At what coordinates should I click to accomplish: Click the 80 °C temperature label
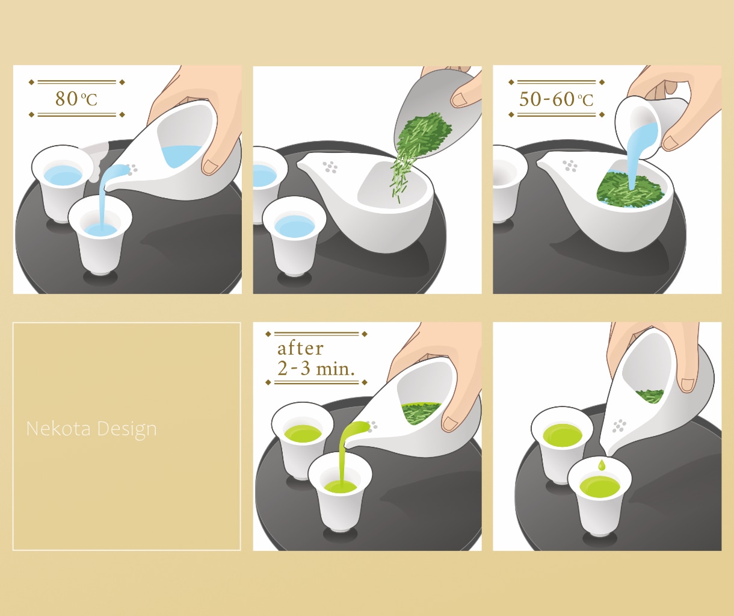(x=76, y=99)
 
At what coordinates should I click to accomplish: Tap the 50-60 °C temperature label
(x=556, y=99)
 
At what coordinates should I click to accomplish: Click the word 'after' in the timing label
(x=300, y=349)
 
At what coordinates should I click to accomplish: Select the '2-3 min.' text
(x=316, y=369)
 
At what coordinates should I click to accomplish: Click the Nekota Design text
(x=91, y=429)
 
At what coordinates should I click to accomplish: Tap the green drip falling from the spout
(x=602, y=464)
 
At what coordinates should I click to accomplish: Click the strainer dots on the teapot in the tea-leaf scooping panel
(x=330, y=167)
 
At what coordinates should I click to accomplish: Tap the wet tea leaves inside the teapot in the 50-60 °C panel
(x=630, y=189)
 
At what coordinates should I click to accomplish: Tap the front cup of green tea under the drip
(x=600, y=500)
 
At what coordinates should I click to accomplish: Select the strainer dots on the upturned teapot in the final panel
(x=619, y=426)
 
